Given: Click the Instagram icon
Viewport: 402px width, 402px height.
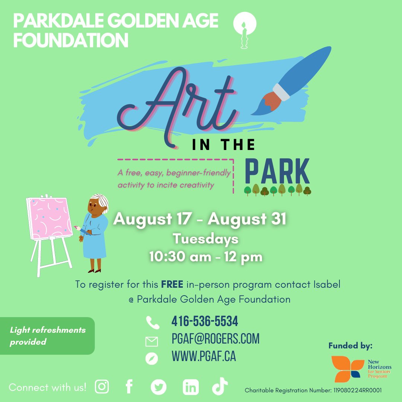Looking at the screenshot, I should point(102,387).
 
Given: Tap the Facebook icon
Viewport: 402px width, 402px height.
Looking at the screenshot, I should point(129,387).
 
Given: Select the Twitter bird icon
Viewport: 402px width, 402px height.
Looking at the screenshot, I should point(159,387).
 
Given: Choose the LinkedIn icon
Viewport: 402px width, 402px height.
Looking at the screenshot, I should point(191,387).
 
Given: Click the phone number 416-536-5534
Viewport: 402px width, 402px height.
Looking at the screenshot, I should point(205,321).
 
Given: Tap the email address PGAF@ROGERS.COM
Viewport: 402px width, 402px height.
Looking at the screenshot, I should point(216,339).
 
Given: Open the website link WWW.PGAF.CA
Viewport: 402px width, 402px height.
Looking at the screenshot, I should point(204,357).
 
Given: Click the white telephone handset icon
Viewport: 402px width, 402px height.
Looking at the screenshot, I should point(152,322).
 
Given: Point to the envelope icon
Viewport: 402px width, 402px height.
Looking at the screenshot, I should point(152,341).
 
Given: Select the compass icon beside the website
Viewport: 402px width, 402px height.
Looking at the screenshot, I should point(152,358).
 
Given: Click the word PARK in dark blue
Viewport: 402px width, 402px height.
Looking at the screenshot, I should point(277,172).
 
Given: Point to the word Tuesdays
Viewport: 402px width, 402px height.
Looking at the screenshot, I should point(205,239).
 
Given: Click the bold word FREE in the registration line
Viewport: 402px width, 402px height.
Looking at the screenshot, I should point(172,285).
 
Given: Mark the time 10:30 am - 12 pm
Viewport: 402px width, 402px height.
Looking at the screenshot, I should point(206,257).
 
